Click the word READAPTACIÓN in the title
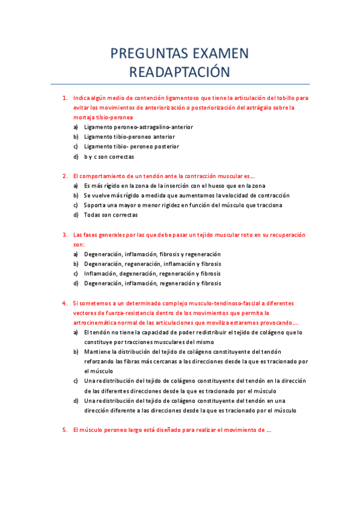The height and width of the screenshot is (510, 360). (x=180, y=72)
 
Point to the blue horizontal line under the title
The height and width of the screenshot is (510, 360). (x=180, y=84)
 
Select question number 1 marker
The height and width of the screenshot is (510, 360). (x=64, y=98)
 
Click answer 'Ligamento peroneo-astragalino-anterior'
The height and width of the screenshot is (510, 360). (x=138, y=127)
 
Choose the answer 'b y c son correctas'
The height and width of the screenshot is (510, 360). (x=109, y=156)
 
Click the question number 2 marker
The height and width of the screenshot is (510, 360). (x=64, y=176)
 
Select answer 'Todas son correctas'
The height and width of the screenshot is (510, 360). (x=111, y=215)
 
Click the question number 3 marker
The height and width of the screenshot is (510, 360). (x=64, y=235)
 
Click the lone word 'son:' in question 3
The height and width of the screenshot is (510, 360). (x=79, y=245)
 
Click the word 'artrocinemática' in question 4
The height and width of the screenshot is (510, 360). (x=94, y=322)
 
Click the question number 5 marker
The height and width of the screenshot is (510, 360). (x=64, y=430)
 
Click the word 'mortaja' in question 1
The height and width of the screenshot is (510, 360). (x=84, y=117)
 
